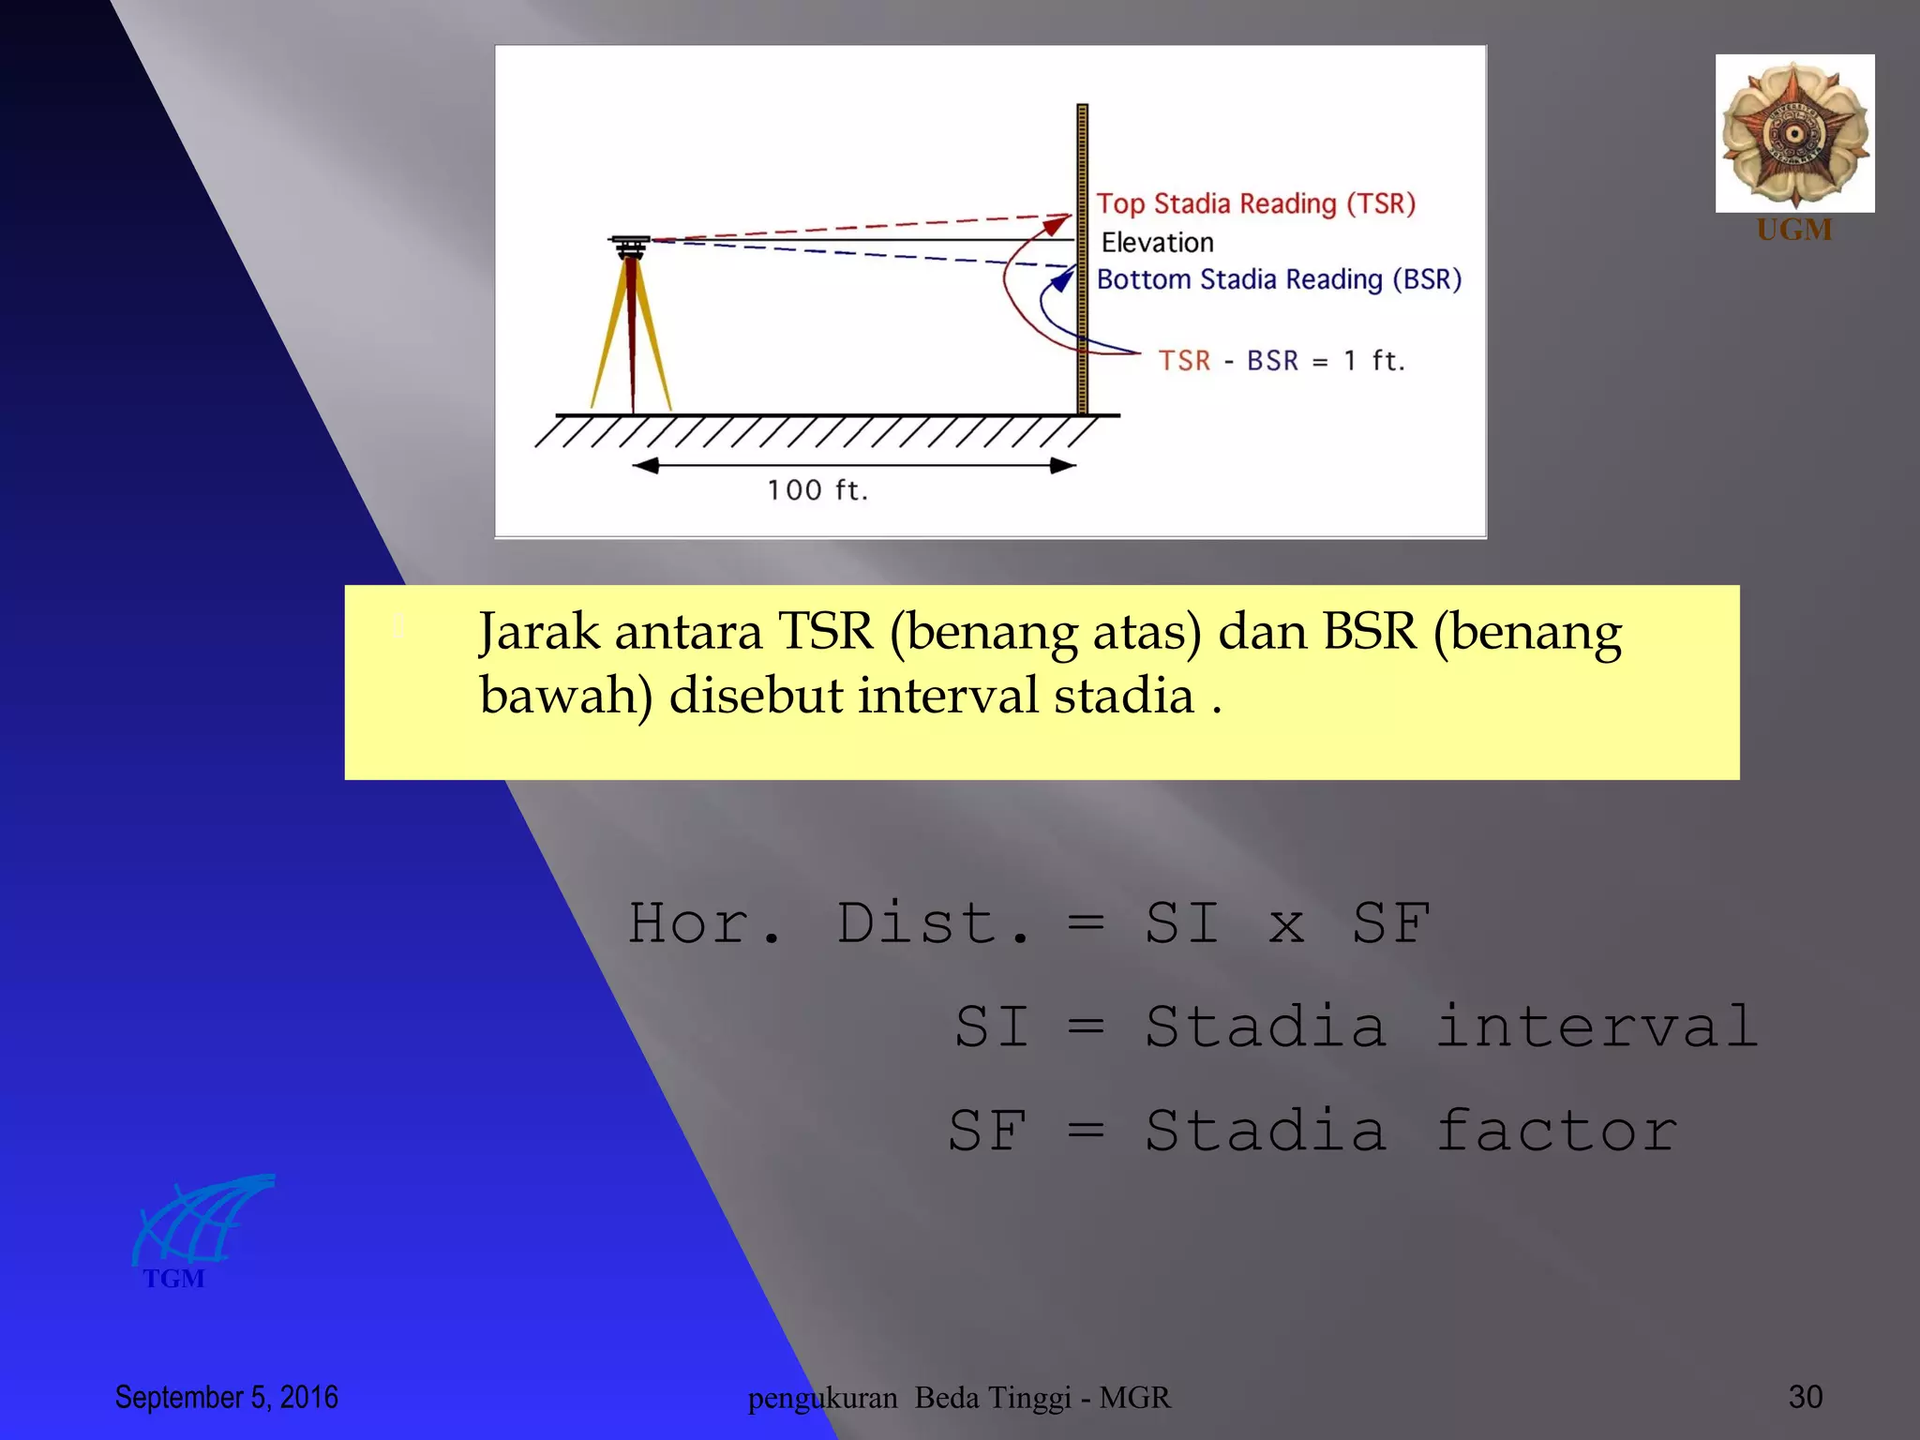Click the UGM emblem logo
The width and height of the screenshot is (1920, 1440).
1794,133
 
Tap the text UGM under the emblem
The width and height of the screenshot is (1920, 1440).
1793,230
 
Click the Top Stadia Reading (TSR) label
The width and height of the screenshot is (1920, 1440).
1255,203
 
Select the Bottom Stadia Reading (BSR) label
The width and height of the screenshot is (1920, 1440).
1279,279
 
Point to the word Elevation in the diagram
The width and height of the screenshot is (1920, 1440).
1157,243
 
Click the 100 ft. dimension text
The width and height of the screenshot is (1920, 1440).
817,490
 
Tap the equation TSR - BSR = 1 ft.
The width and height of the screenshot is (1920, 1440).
1281,361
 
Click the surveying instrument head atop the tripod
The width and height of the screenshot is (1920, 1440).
630,246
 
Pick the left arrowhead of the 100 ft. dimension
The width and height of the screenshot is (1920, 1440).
645,466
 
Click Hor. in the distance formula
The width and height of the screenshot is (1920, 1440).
703,924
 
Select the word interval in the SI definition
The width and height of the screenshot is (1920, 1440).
1596,1027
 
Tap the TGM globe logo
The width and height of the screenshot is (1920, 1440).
202,1221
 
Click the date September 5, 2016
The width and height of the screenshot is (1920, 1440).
226,1397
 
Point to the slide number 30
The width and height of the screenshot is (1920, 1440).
1805,1397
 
